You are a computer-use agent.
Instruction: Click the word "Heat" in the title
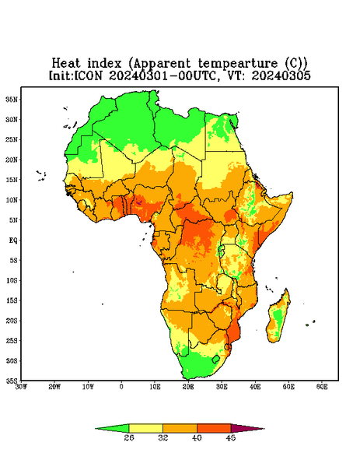pyautogui.click(x=66, y=64)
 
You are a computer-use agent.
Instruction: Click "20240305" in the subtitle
pyautogui.click(x=281, y=75)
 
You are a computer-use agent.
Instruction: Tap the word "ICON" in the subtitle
pyautogui.click(x=88, y=75)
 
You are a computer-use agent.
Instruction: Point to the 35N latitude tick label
pyautogui.click(x=12, y=100)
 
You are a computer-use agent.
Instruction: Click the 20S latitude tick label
pyautogui.click(x=12, y=321)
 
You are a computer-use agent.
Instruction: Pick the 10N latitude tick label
pyautogui.click(x=12, y=200)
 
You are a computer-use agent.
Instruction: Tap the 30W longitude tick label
pyautogui.click(x=22, y=387)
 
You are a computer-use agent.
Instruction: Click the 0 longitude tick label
pyautogui.click(x=121, y=387)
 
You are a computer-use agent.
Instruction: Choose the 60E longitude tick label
pyautogui.click(x=322, y=387)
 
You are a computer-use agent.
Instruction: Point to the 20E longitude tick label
pyautogui.click(x=188, y=387)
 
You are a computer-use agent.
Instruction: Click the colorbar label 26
pyautogui.click(x=129, y=437)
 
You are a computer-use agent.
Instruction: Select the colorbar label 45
pyautogui.click(x=231, y=437)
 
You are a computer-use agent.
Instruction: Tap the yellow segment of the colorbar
pyautogui.click(x=145, y=428)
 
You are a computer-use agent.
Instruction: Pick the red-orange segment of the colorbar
pyautogui.click(x=214, y=428)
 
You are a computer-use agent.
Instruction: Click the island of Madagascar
pyautogui.click(x=279, y=318)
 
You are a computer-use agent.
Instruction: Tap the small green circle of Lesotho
pyautogui.click(x=215, y=359)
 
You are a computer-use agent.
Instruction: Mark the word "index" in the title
pyautogui.click(x=104, y=64)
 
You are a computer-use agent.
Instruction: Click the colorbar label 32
pyautogui.click(x=163, y=437)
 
